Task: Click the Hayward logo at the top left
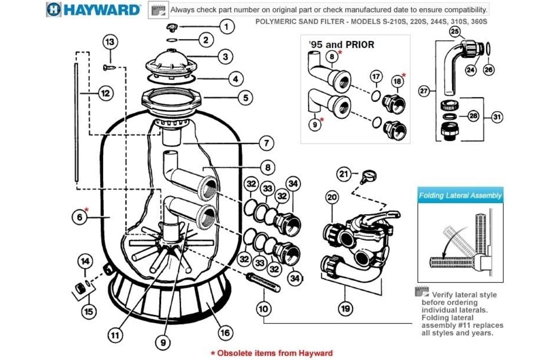coord(94,9)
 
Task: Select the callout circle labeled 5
coord(245,97)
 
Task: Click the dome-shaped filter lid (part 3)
coord(172,62)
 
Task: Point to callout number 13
coord(110,42)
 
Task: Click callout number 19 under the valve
coord(345,308)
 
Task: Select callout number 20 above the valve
coord(332,197)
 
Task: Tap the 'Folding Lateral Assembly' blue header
coord(460,195)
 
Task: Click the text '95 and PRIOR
coord(341,44)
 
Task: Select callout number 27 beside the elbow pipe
coord(424,91)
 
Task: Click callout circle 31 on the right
coord(496,117)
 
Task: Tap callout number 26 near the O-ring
coord(488,70)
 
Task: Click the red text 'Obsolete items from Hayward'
coord(271,353)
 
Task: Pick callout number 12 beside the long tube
coord(105,92)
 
